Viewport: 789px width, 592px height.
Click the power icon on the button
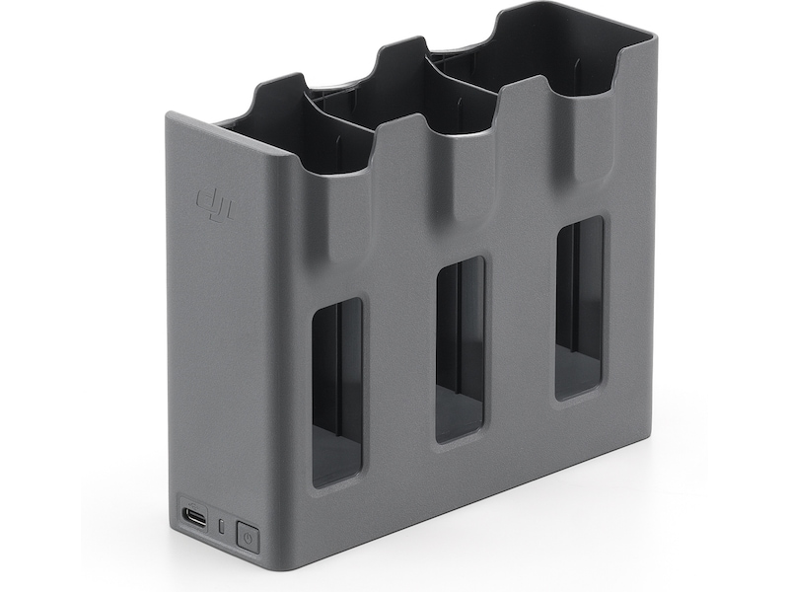(248, 538)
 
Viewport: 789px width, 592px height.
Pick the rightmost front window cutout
(579, 307)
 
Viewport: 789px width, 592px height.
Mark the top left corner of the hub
(170, 117)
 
